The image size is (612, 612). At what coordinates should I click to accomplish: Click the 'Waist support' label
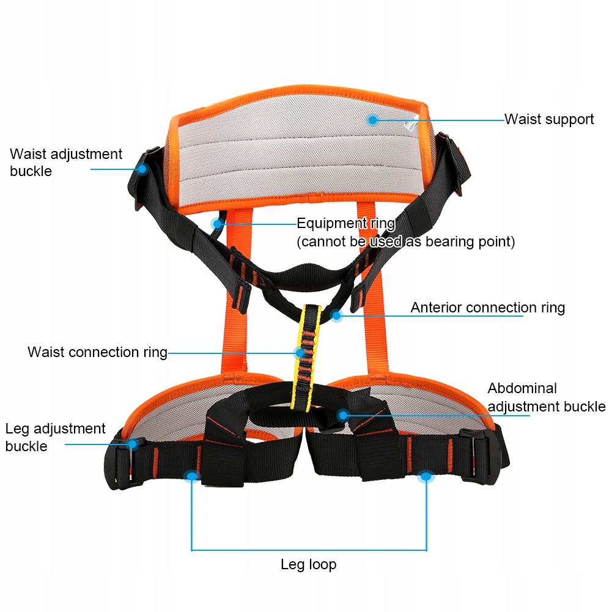click(548, 119)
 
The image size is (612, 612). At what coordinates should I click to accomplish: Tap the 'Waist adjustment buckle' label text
click(66, 163)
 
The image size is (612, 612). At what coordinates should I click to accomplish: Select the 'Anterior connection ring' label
click(487, 308)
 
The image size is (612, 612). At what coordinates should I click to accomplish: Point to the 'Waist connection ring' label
click(97, 352)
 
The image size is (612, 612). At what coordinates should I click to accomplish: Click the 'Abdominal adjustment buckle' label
click(546, 397)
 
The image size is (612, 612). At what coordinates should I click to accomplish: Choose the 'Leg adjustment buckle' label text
click(56, 437)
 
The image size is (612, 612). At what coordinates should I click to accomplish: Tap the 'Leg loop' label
click(308, 564)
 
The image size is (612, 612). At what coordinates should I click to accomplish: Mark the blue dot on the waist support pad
click(372, 120)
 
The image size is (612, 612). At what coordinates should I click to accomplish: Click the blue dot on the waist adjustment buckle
click(142, 168)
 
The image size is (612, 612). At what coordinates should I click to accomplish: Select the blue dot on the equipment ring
click(216, 224)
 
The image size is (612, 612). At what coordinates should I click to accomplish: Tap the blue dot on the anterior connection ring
click(336, 315)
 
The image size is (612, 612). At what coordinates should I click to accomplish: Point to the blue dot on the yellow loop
click(300, 353)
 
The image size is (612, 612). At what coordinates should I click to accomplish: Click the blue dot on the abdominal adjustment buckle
click(343, 415)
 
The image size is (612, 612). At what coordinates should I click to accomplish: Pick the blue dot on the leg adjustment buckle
click(132, 444)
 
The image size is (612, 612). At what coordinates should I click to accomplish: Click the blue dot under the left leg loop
click(192, 475)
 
